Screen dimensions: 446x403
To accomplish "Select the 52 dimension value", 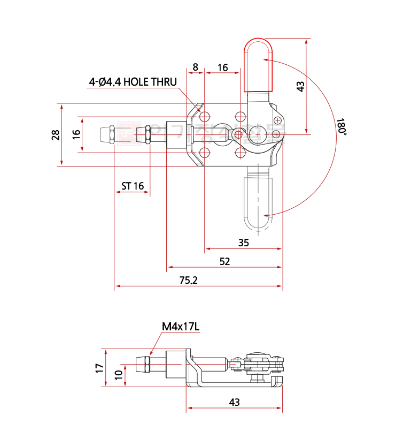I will (224, 261).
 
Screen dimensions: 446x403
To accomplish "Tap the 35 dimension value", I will (243, 243).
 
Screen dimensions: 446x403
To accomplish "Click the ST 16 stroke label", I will (133, 186).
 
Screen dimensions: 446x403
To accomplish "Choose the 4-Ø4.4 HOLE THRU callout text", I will (133, 82).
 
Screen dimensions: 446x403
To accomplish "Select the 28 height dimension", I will (56, 134).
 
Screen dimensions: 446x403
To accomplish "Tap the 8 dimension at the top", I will (195, 67).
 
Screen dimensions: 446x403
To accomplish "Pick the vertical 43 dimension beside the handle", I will (300, 86).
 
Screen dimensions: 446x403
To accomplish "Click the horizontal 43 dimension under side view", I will (234, 402).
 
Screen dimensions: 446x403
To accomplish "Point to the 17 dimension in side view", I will (99, 368).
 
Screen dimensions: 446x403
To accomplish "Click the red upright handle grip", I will (259, 64).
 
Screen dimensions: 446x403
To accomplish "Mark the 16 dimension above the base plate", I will (222, 67).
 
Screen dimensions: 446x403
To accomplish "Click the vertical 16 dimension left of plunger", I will (76, 134).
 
